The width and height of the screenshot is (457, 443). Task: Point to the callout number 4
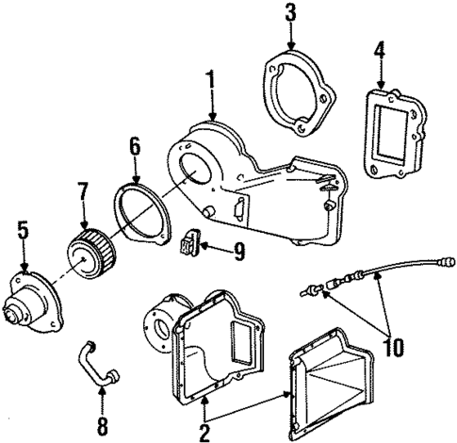(379, 48)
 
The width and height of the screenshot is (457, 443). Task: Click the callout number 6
(135, 146)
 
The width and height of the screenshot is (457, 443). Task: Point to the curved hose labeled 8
(94, 363)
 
